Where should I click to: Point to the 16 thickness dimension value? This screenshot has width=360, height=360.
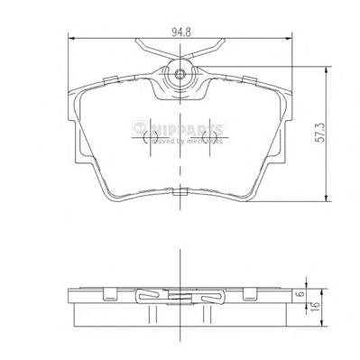click(314, 309)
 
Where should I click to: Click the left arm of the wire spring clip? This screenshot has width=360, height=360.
click(144, 50)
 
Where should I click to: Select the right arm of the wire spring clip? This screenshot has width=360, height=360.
click(217, 50)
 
